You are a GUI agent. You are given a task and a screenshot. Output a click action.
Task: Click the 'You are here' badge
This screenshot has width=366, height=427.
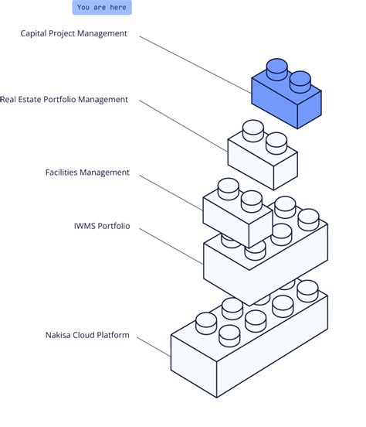click(x=102, y=8)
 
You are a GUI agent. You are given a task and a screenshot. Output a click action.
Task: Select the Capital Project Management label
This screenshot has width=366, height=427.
click(x=74, y=34)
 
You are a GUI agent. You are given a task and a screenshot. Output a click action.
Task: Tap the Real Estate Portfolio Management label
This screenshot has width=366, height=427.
click(x=64, y=100)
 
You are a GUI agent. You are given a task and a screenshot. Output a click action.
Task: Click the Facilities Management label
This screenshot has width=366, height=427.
click(x=87, y=173)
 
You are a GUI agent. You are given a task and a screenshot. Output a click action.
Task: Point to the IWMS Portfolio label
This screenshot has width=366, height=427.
click(x=102, y=227)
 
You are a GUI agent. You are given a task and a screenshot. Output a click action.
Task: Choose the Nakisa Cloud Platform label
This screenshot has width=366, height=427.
click(x=87, y=336)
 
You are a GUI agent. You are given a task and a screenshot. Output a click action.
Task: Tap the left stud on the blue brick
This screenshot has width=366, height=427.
click(x=276, y=68)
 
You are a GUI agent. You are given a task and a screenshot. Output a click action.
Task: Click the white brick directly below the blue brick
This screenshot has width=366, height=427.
click(x=263, y=159)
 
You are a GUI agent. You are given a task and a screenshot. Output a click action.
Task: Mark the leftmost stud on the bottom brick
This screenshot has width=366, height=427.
click(x=206, y=321)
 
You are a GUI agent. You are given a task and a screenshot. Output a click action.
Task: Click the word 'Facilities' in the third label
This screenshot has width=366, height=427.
click(x=65, y=173)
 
